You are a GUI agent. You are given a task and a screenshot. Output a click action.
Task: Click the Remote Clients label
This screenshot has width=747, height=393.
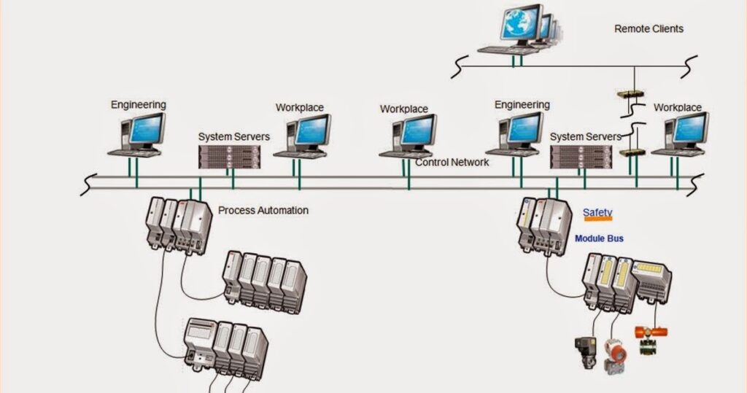(x=649, y=29)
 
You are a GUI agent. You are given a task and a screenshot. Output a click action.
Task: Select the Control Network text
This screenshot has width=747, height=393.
(x=452, y=162)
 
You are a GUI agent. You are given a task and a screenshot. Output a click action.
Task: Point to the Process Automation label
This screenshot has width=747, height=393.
(x=263, y=210)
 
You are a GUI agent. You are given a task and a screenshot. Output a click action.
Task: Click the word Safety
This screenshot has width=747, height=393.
(x=597, y=213)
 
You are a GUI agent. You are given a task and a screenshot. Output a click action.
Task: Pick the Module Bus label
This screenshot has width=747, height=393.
(x=599, y=238)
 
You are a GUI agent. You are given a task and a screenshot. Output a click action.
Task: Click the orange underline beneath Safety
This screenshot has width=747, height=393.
(x=597, y=219)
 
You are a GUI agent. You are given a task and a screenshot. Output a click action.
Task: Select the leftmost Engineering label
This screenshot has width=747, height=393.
(x=138, y=104)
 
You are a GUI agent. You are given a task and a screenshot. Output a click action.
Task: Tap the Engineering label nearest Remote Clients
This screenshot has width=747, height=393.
(x=522, y=105)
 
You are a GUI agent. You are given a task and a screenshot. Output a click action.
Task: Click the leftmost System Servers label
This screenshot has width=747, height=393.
(x=233, y=136)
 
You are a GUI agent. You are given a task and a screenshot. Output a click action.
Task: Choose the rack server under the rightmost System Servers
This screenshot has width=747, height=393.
(x=581, y=156)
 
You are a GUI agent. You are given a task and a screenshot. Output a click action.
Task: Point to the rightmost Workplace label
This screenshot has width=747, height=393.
(x=677, y=107)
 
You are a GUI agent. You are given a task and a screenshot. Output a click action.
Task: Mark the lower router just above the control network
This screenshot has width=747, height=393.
(x=630, y=152)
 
